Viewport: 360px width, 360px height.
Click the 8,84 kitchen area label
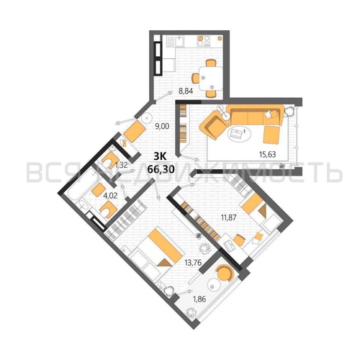coord(186,91)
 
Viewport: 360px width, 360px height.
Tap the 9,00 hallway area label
coord(162,126)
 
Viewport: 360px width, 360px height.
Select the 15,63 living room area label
coord(267,154)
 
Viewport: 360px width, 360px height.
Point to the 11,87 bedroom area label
coord(229,217)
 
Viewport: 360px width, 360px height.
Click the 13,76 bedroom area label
coord(193,263)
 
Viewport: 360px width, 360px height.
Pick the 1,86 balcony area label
coord(199,299)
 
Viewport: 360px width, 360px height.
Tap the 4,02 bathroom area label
coord(110,196)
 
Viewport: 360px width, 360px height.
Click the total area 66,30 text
coord(161,169)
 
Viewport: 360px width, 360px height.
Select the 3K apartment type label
coord(160,157)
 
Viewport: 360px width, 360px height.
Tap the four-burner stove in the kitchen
coord(204,40)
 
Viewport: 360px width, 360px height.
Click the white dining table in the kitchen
coord(210,78)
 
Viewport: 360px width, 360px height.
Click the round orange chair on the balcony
coord(225,273)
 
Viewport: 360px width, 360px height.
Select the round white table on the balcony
coord(214,285)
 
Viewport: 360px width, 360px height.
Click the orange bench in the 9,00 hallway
coord(135,131)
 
